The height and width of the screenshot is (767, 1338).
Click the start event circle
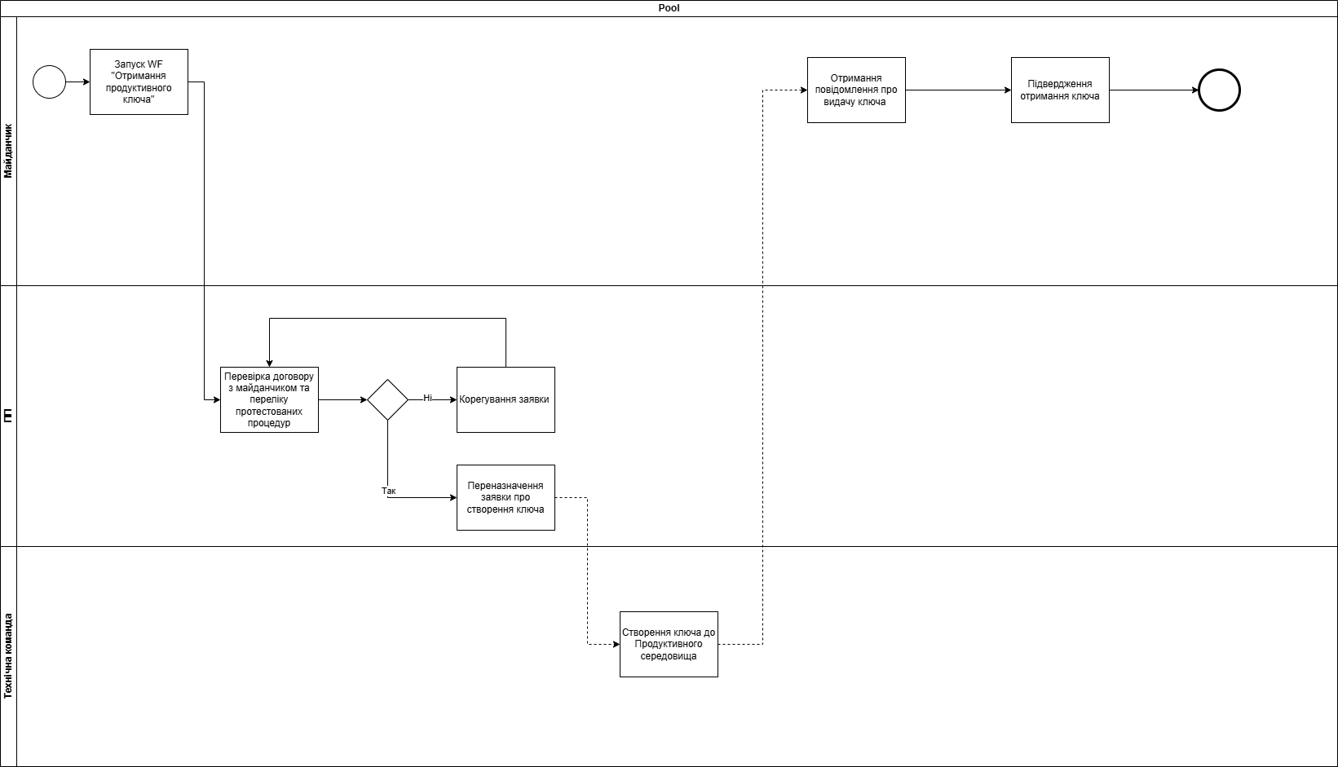[x=49, y=82]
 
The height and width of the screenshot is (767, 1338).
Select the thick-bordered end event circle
[x=1219, y=90]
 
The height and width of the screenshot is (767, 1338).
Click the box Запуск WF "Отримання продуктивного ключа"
[x=139, y=82]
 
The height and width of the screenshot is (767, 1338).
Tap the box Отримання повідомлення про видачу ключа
[x=856, y=90]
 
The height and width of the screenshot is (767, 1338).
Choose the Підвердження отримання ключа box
[x=1060, y=90]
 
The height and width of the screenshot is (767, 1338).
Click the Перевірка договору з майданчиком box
[x=269, y=399]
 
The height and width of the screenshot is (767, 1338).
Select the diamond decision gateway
[x=387, y=399]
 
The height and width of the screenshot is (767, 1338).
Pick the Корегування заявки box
[x=506, y=399]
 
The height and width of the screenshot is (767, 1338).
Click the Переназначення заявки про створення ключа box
[x=506, y=497]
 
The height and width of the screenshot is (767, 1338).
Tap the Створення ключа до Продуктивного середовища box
[x=669, y=644]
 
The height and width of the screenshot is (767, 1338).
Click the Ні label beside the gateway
[x=427, y=398]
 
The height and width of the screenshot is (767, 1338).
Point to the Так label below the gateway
[x=389, y=491]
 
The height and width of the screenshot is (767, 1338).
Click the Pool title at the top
[x=669, y=8]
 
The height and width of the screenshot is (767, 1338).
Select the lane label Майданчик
[x=8, y=151]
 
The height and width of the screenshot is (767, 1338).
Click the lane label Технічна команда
[x=8, y=655]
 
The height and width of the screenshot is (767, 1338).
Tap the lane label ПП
[x=8, y=416]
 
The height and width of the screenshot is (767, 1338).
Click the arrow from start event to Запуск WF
[x=77, y=82]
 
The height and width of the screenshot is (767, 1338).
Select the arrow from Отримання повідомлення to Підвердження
[x=958, y=90]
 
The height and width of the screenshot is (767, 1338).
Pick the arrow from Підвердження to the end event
[x=1154, y=90]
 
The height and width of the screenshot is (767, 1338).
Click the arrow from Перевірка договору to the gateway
[x=342, y=399]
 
